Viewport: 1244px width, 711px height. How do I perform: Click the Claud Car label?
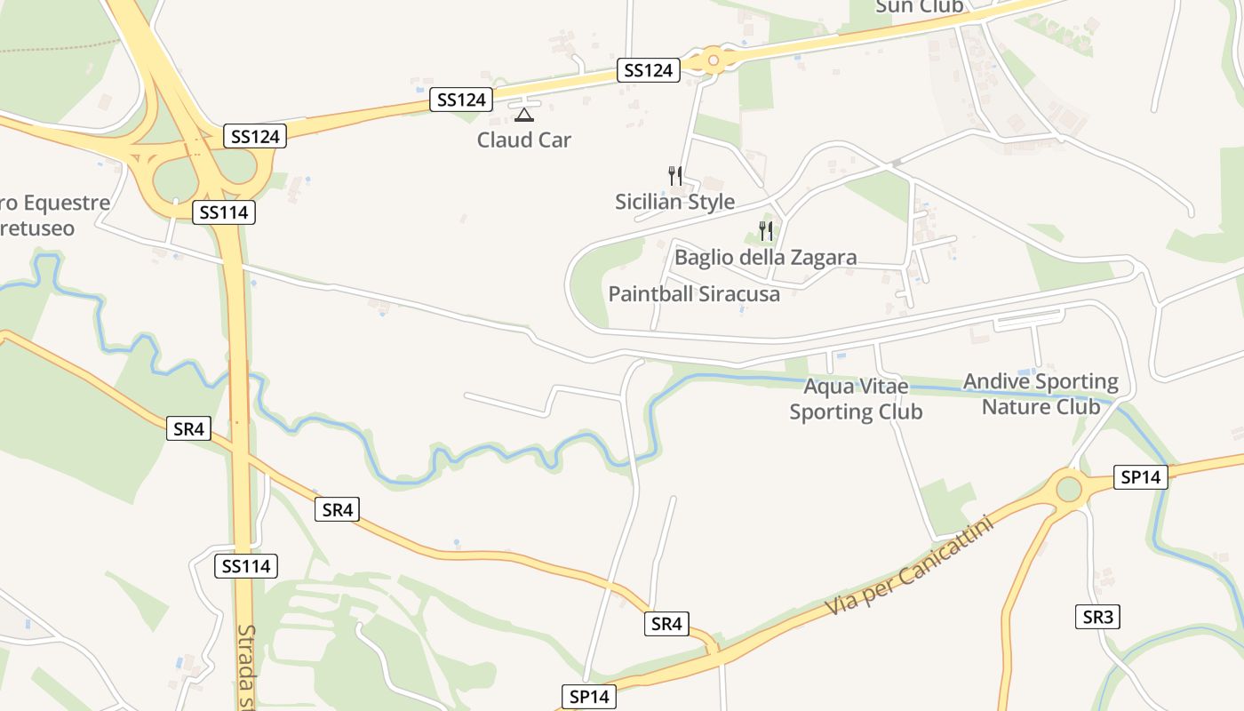[523, 140]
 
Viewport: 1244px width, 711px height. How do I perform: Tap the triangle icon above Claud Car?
[524, 115]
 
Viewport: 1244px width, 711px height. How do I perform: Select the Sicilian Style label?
[674, 202]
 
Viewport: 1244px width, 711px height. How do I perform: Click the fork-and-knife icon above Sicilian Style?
[674, 175]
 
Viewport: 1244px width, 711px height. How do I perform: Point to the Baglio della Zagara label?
[765, 258]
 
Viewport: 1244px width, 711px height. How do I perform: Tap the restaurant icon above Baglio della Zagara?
[765, 231]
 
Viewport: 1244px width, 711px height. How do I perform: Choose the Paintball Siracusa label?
[694, 294]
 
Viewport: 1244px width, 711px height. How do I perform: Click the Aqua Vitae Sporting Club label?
[856, 399]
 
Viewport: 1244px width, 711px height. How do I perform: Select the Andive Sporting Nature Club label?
[1041, 394]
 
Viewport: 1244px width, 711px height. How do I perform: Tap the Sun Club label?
[919, 7]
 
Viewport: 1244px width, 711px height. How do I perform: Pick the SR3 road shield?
[1097, 617]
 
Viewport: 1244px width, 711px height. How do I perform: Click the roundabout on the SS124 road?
[713, 60]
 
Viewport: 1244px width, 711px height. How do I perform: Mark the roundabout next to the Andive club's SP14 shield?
[1069, 489]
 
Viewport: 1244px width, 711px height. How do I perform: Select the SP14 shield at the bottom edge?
[588, 697]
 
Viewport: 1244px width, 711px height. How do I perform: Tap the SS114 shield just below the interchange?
[224, 212]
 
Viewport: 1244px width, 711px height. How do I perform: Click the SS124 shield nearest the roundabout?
[649, 70]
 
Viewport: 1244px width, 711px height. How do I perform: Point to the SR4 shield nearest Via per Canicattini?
[666, 624]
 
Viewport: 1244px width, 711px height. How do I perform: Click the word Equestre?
[67, 203]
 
